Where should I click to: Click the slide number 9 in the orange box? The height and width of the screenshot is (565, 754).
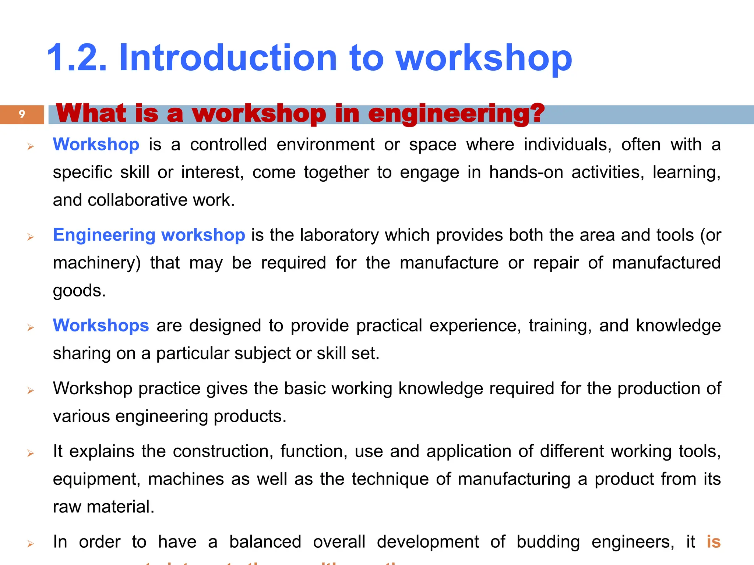[22, 114]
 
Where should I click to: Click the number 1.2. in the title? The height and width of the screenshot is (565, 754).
[77, 58]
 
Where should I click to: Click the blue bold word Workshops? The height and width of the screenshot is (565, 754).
[101, 326]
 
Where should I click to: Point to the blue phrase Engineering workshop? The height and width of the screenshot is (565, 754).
[149, 235]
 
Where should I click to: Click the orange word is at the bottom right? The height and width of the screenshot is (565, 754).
[713, 542]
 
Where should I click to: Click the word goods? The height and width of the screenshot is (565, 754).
[79, 291]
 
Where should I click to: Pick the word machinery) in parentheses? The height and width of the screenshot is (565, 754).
[97, 263]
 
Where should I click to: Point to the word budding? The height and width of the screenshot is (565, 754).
[548, 542]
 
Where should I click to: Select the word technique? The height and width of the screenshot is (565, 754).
[390, 479]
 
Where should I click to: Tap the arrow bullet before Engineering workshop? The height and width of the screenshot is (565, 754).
[31, 237]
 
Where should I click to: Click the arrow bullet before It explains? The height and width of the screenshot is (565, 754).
[31, 453]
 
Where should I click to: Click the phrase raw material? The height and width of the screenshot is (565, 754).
[103, 507]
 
